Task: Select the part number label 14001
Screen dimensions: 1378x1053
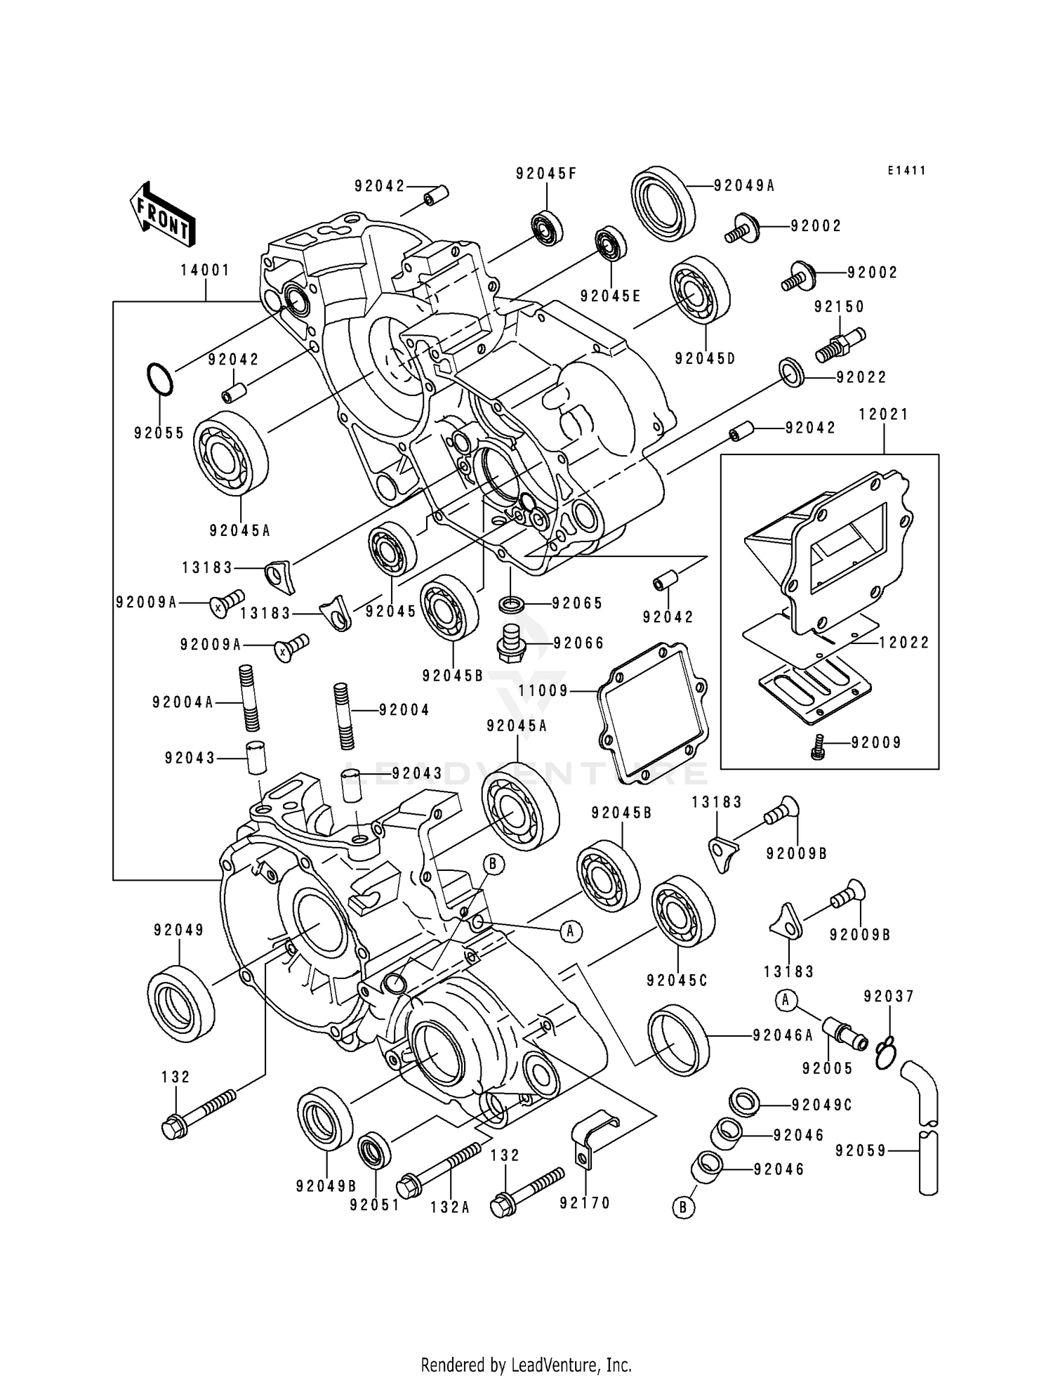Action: [x=205, y=270]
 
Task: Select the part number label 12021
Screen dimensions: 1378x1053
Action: [x=883, y=414]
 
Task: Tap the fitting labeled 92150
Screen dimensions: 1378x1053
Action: [x=840, y=346]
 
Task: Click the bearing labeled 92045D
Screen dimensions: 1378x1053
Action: [x=699, y=290]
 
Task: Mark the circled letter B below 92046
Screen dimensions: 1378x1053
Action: [x=682, y=1207]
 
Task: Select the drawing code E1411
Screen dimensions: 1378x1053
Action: [x=906, y=171]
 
